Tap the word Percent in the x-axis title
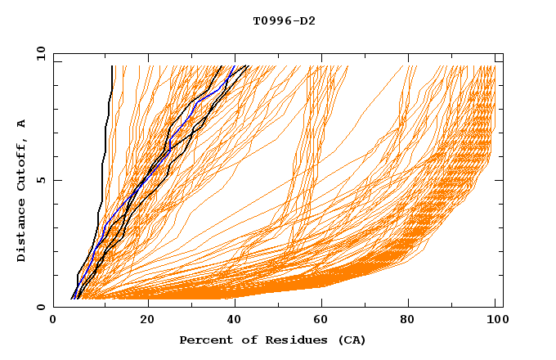pos(203,340)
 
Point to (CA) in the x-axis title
pos(350,340)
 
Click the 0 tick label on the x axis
pos(53,321)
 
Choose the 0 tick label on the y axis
pos(40,307)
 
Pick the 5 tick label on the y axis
pos(40,180)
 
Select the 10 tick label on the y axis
pos(38,53)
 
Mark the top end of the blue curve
pos(234,66)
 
